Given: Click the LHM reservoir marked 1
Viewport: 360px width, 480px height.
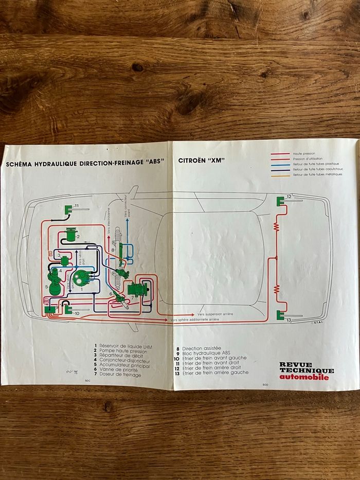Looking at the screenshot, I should tap(80, 278).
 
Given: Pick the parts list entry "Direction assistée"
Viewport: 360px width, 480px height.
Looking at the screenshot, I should tap(205, 348).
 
